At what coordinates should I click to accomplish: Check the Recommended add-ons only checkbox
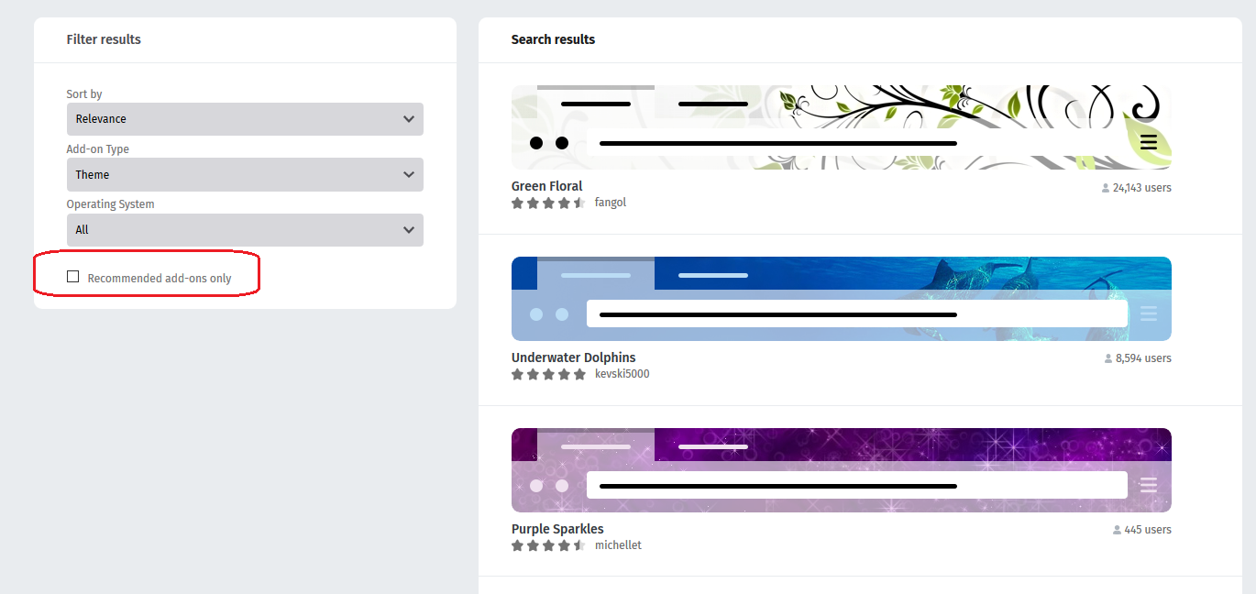pos(73,277)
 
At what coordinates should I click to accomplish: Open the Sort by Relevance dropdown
pos(245,119)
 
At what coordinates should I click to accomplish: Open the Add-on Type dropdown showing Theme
pos(245,174)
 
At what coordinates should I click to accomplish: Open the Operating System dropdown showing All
pos(245,230)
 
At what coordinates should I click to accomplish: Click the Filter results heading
pos(104,39)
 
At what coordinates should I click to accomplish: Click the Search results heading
pos(553,39)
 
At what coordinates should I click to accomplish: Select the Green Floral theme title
pos(546,186)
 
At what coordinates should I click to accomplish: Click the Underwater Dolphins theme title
pos(574,357)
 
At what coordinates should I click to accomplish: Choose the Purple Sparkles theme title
pos(557,529)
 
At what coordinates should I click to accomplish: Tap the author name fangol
pos(610,203)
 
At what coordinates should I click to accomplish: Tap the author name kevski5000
pos(622,374)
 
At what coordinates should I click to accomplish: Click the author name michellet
pos(618,545)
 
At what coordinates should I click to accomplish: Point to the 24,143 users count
pos(1137,188)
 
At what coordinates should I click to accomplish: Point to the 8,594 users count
pos(1138,358)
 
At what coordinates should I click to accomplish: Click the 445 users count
pos(1142,530)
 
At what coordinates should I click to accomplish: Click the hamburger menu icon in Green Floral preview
pos(1149,142)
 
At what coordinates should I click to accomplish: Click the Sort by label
pos(84,94)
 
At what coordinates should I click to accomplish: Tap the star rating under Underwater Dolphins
pos(548,374)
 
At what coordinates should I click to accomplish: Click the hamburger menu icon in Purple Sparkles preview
pos(1149,485)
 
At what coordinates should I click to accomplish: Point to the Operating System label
pos(110,204)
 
